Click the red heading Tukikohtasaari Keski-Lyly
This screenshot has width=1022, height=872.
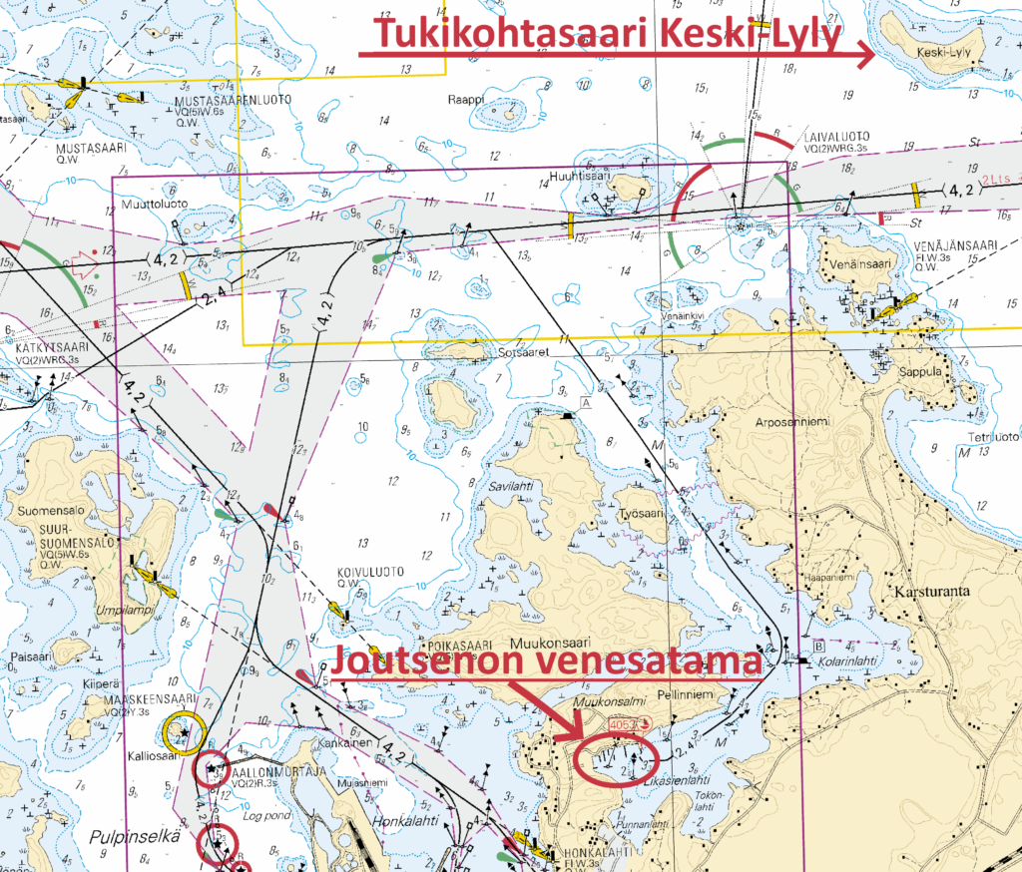click(x=609, y=34)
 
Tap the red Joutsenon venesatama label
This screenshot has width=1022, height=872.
click(x=547, y=660)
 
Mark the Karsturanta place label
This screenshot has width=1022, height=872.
click(x=932, y=590)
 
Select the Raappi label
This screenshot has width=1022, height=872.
click(x=465, y=100)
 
